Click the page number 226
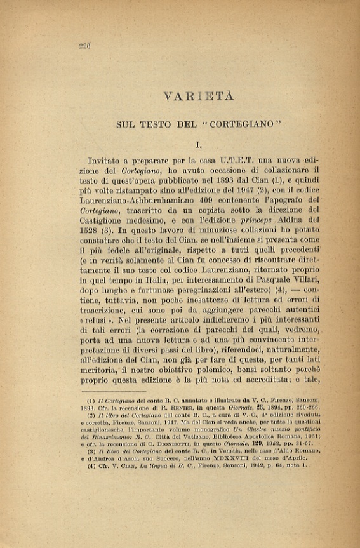[85, 45]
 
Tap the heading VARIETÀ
[199, 97]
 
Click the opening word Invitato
[109, 164]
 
